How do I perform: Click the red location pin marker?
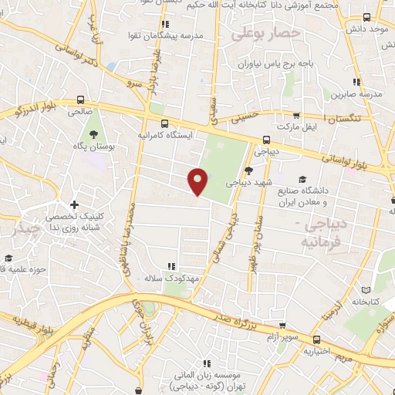(x=198, y=181)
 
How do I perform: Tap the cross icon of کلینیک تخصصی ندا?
(x=74, y=204)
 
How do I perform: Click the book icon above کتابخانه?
(x=366, y=292)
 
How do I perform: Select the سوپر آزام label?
(x=283, y=337)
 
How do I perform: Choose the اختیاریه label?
(x=316, y=351)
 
